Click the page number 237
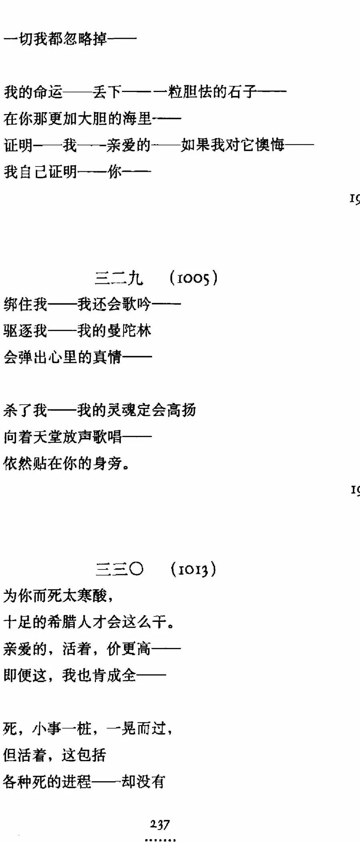pos(160,824)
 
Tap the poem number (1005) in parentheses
pos(194,277)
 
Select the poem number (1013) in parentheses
pos(194,569)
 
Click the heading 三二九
pos(119,278)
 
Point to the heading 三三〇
pos(119,569)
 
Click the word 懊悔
pos(270,145)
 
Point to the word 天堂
pos(48,437)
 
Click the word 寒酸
pos(92,595)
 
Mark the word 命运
pos(48,92)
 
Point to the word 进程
pos(78,781)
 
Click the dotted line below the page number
pos(160,839)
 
